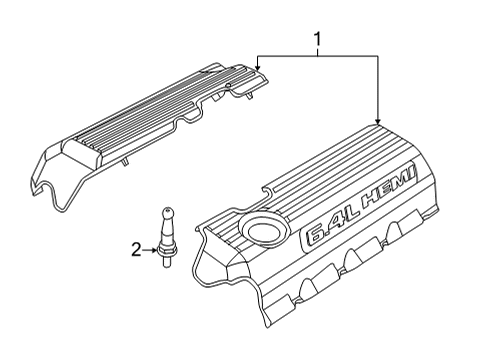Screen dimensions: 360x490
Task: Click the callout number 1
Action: [318, 40]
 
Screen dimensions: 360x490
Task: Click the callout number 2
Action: [136, 250]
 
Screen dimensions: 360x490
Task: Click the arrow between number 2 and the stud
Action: [150, 250]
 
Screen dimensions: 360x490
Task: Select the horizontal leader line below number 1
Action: [318, 56]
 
